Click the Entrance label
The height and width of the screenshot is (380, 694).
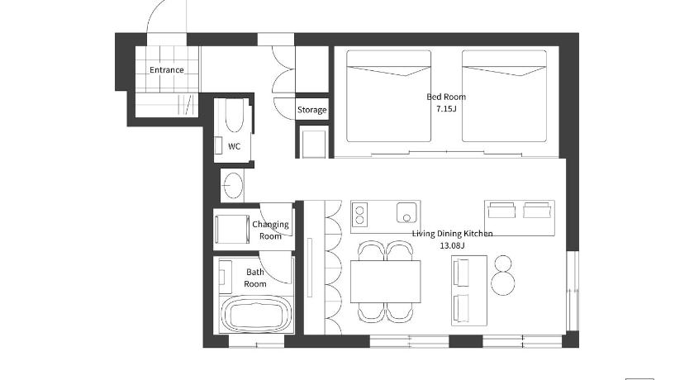166,70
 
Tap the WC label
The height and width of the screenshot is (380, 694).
234,146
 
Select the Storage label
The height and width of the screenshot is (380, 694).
312,110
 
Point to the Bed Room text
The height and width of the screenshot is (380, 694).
446,97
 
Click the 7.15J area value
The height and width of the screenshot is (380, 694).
446,109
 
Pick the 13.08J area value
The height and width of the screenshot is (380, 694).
453,245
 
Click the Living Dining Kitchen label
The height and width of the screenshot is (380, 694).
453,234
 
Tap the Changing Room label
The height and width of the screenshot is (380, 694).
270,230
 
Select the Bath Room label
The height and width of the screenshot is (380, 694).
255,278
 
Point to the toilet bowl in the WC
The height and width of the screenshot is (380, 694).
234,116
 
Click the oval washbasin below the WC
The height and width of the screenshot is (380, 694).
233,185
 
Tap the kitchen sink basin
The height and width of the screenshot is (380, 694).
406,213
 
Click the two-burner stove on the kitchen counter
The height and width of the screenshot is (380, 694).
360,215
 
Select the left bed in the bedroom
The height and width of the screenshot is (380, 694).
388,96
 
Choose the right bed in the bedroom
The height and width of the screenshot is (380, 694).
504,96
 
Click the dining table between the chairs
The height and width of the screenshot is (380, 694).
386,282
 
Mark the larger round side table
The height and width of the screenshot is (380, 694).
503,283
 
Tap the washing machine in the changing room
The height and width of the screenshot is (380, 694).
229,229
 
